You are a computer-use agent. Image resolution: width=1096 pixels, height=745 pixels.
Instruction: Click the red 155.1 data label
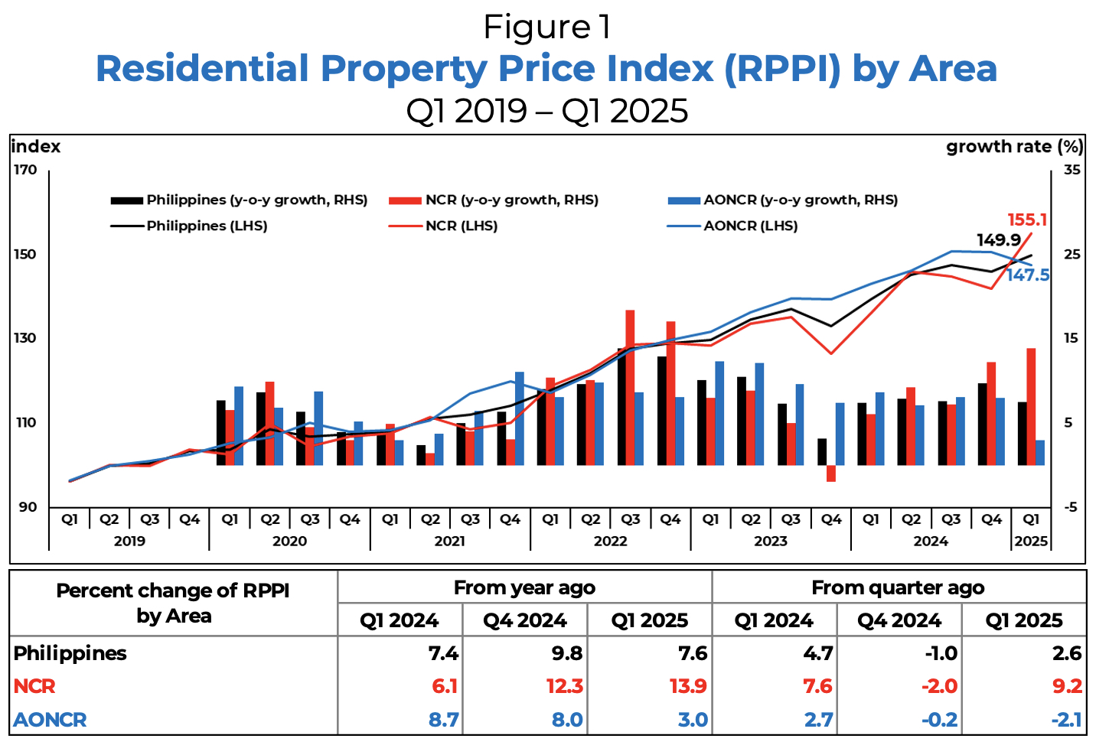click(1027, 220)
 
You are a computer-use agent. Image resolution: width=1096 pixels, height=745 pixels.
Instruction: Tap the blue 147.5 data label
click(1028, 275)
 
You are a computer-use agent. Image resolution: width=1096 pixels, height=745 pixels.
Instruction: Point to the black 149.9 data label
click(999, 240)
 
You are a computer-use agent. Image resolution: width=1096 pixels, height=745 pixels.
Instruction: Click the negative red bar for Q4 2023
click(830, 473)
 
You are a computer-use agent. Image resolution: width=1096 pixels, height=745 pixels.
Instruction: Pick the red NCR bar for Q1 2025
click(1031, 406)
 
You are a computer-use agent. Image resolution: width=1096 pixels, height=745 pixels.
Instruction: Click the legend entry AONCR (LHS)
click(750, 226)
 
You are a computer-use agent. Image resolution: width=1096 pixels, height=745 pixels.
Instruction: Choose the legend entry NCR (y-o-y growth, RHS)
click(511, 200)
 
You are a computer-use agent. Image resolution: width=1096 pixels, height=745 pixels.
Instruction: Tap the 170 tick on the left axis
click(25, 170)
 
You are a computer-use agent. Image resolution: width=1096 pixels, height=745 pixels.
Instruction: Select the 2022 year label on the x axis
click(610, 542)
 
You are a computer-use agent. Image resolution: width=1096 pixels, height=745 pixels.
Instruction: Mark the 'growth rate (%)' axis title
click(1014, 147)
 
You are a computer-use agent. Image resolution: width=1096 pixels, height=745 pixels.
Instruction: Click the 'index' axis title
click(36, 147)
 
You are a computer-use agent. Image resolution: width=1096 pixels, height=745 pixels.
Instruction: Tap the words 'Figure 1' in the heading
click(547, 28)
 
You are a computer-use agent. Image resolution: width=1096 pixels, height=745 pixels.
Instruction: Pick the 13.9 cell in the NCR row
click(688, 686)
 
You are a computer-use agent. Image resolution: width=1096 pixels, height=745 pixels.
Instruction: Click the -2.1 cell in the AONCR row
click(1065, 720)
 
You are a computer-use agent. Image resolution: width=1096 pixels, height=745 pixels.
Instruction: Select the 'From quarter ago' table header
click(898, 587)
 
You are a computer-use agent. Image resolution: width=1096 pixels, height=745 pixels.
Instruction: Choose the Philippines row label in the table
click(70, 653)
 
